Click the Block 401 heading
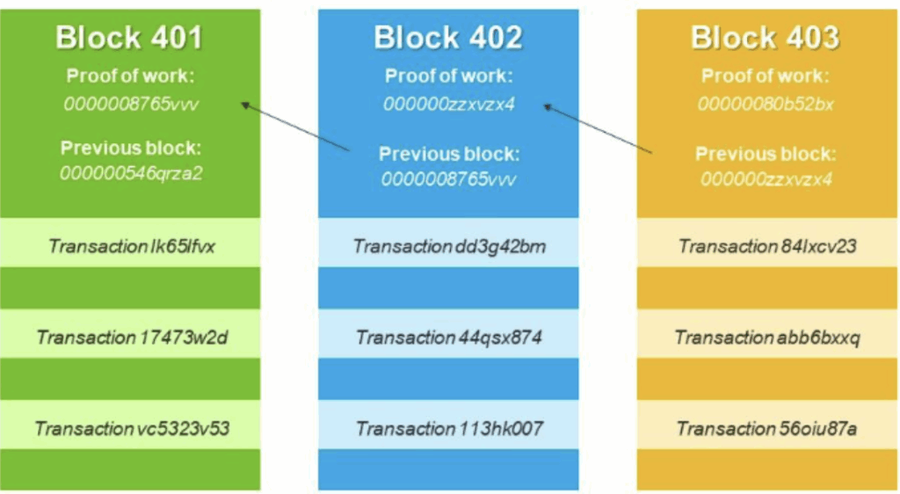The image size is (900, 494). pos(130,38)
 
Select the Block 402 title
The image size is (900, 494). pos(448,38)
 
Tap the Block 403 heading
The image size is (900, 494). pos(766,38)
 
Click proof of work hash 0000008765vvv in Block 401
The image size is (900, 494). pos(131,105)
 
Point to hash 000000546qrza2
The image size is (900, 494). pos(131,173)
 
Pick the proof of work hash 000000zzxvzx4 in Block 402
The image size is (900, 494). pos(448,105)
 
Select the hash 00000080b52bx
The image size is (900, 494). pos(766,105)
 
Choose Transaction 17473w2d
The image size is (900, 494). pos(132,338)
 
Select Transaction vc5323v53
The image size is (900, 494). pos(132,429)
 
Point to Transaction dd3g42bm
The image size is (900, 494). pos(449,246)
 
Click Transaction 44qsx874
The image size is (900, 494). pos(449,338)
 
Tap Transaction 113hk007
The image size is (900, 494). pos(449,429)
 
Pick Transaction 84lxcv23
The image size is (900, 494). pos(767,246)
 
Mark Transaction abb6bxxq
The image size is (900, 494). pos(767,338)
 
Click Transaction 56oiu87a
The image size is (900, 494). pos(767,429)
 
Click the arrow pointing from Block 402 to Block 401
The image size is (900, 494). pos(295,127)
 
